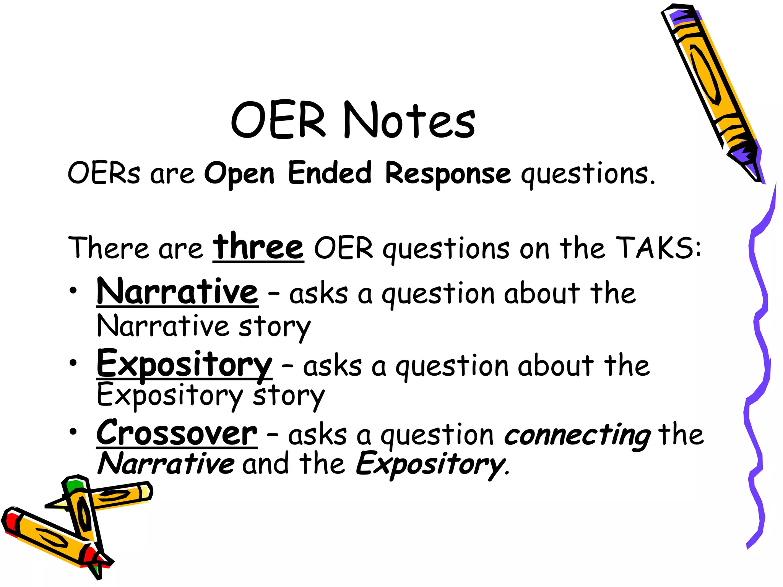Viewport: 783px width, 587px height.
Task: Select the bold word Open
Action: click(x=239, y=174)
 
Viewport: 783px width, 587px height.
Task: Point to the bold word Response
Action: click(x=448, y=174)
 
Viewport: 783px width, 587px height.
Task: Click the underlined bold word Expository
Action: click(x=184, y=365)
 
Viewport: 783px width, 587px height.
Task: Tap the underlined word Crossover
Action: click(x=177, y=433)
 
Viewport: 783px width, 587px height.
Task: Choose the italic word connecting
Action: click(x=577, y=436)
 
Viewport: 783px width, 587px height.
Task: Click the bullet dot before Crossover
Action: click(x=73, y=432)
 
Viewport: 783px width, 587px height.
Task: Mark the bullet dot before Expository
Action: click(x=73, y=362)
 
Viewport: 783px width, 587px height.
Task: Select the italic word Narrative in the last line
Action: click(x=166, y=464)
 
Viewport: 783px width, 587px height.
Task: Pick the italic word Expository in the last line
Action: click(x=430, y=465)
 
